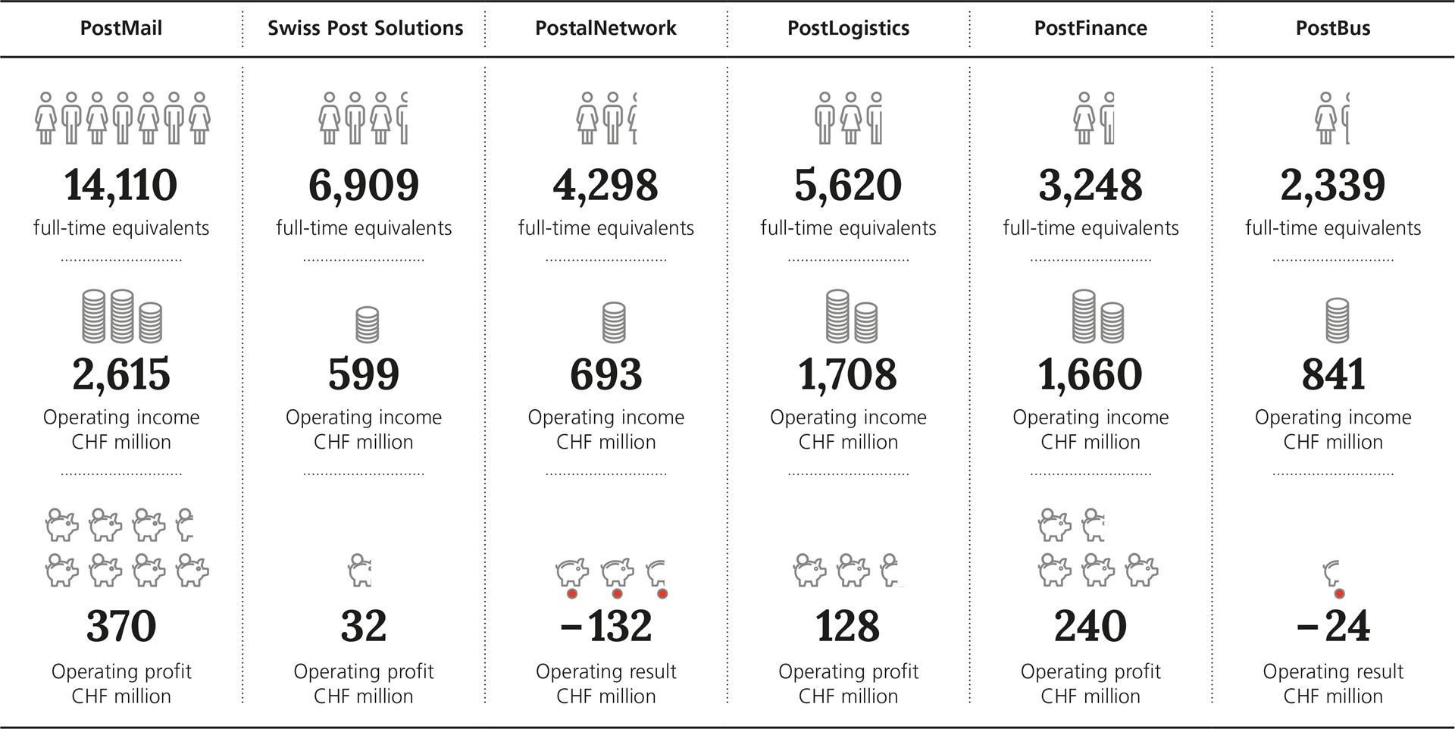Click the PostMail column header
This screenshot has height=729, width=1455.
121,29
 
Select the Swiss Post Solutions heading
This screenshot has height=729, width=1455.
365,29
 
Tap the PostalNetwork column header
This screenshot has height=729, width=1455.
605,29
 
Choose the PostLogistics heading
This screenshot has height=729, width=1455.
848,29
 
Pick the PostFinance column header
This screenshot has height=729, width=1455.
1090,29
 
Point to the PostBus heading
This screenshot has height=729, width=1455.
1333,29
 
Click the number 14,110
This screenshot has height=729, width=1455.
121,186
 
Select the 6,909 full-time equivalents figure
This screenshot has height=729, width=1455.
364,186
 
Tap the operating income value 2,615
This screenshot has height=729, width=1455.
121,374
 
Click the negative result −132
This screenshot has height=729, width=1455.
606,627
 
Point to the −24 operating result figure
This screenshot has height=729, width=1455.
1333,627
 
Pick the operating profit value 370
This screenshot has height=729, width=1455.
121,627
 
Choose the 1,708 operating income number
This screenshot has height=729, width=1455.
848,374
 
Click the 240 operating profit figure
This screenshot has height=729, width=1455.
1090,627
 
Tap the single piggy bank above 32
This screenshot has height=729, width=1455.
361,571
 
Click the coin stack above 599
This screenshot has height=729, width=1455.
367,324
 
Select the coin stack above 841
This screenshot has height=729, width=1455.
1338,321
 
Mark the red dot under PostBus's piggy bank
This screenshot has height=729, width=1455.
1339,594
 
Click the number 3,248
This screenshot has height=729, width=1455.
1090,186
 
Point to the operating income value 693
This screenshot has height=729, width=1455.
606,374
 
